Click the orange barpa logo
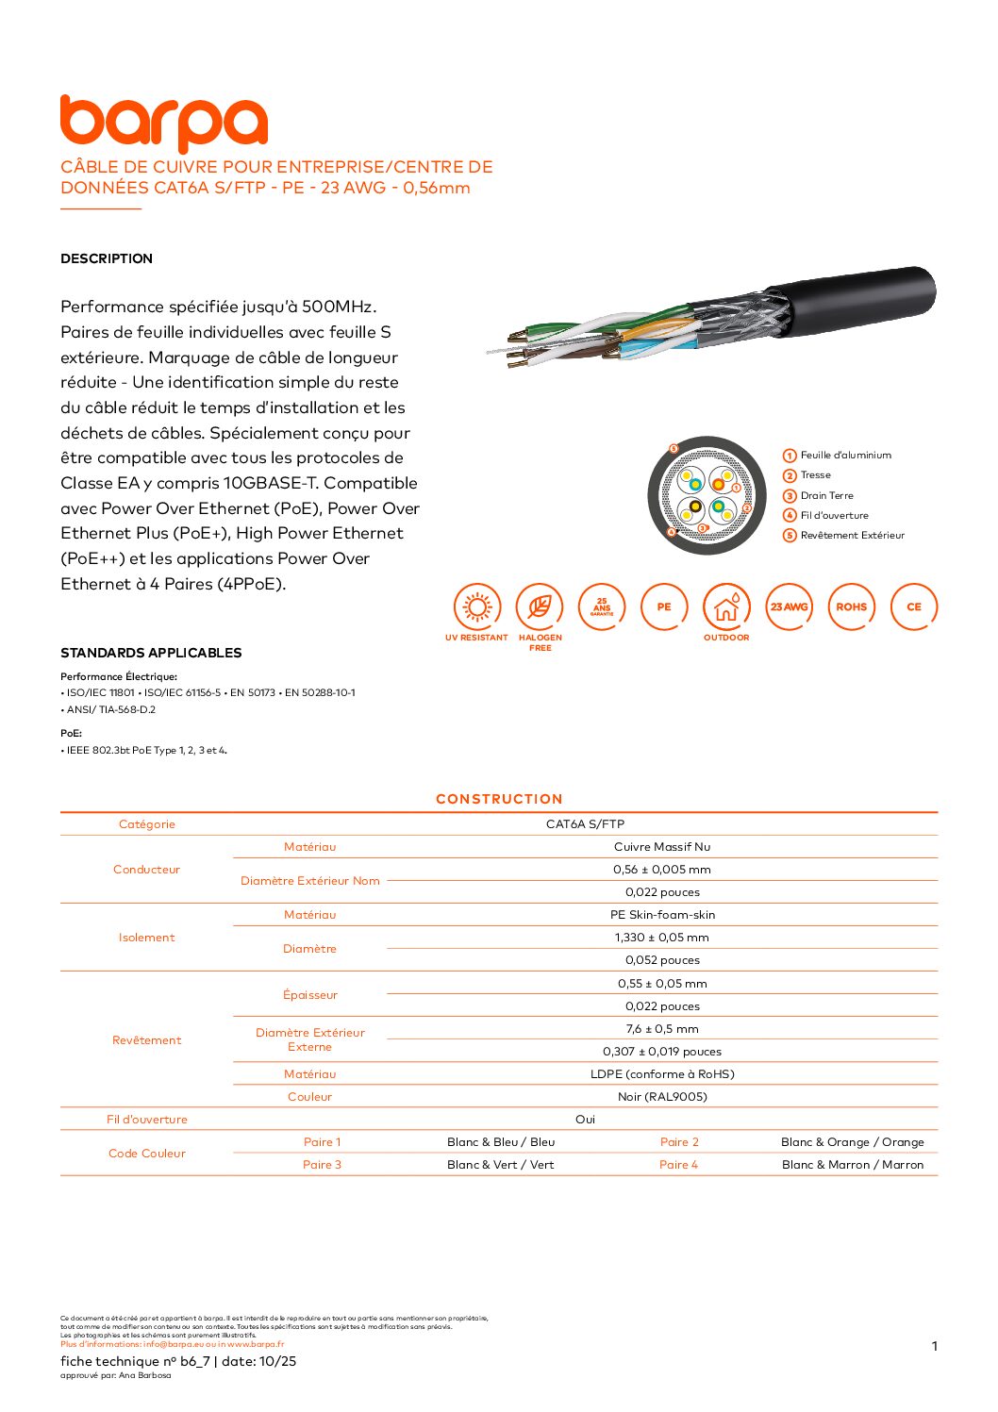(x=164, y=123)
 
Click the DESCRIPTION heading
(x=107, y=258)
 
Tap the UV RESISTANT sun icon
(x=477, y=607)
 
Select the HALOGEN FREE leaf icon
(x=540, y=607)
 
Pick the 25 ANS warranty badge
(x=602, y=607)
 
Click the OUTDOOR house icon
(x=726, y=607)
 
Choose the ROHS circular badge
(x=851, y=607)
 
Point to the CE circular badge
(x=914, y=607)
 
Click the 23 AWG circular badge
(x=789, y=607)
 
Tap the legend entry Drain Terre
(x=826, y=496)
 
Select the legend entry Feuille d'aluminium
(x=845, y=456)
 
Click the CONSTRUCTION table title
(x=499, y=799)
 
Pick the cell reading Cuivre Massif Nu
(x=662, y=847)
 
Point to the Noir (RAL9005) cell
(x=662, y=1097)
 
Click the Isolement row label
(x=146, y=938)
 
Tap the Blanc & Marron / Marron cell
(x=853, y=1165)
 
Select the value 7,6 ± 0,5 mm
(x=662, y=1029)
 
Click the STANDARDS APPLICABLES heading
(x=151, y=653)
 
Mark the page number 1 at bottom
(x=935, y=1346)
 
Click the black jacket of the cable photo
(x=858, y=297)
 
